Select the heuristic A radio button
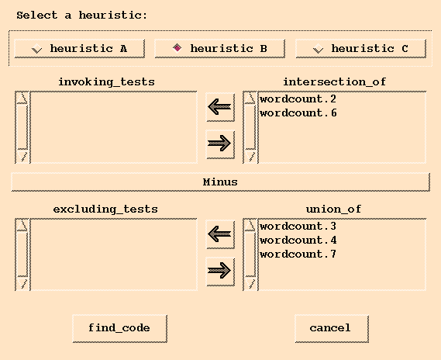coord(80,49)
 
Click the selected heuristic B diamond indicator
coord(177,48)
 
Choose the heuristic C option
coord(361,49)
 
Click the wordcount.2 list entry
coord(298,99)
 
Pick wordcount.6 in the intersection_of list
coord(298,113)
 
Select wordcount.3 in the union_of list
coord(298,227)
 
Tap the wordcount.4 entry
coord(298,241)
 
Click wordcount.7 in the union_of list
coord(298,254)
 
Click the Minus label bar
coord(220,182)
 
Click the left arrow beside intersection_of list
coord(220,107)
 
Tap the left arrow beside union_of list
coord(220,234)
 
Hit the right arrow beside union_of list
coord(220,271)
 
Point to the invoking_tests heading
coord(106,82)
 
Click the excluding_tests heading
coord(105,209)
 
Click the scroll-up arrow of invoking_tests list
coord(22,98)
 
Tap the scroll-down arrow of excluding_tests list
coord(22,283)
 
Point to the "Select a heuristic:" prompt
coord(81,16)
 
